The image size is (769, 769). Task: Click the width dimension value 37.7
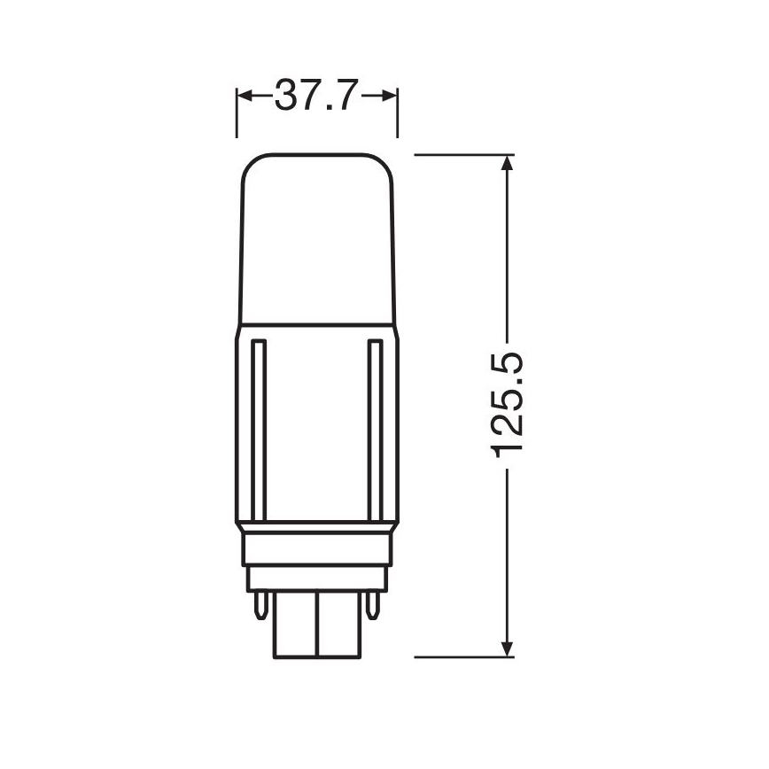(x=315, y=95)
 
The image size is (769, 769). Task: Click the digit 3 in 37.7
(x=287, y=95)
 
